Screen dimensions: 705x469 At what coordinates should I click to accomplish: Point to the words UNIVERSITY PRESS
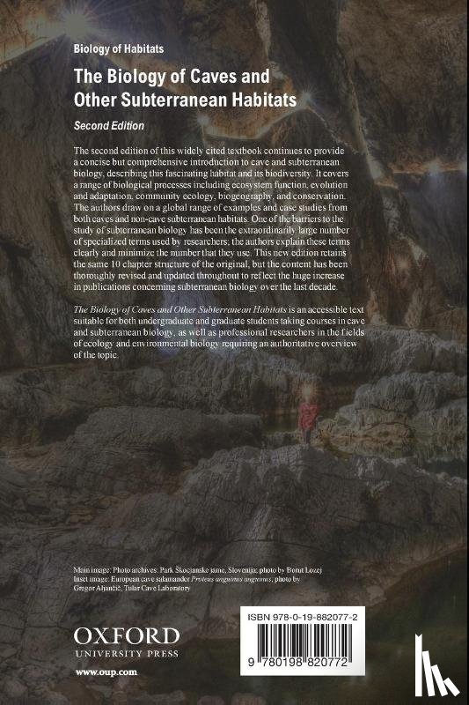click(126, 654)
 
